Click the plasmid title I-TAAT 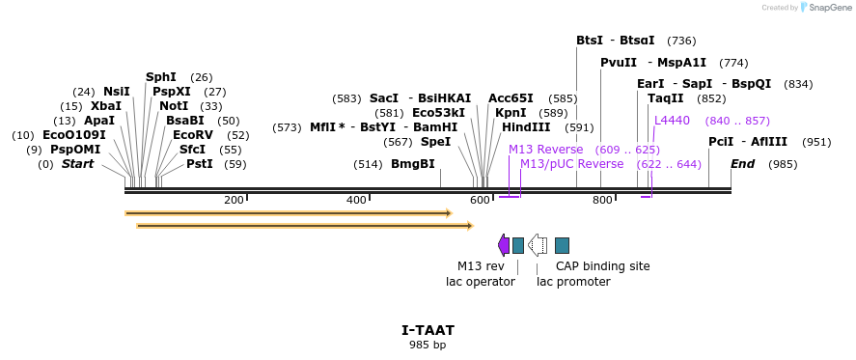point(428,330)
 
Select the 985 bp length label point(428,345)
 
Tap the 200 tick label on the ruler point(234,200)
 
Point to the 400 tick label point(356,200)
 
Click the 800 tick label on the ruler point(602,200)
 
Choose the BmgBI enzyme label point(413,164)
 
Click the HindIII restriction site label point(526,126)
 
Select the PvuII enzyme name point(619,62)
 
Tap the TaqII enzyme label point(666,98)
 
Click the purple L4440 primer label point(672,121)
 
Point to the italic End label point(742,164)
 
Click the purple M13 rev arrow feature point(503,245)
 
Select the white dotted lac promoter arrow point(538,245)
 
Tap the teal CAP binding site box point(562,245)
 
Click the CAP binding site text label point(602,266)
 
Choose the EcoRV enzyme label point(193,135)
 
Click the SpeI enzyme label point(435,142)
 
